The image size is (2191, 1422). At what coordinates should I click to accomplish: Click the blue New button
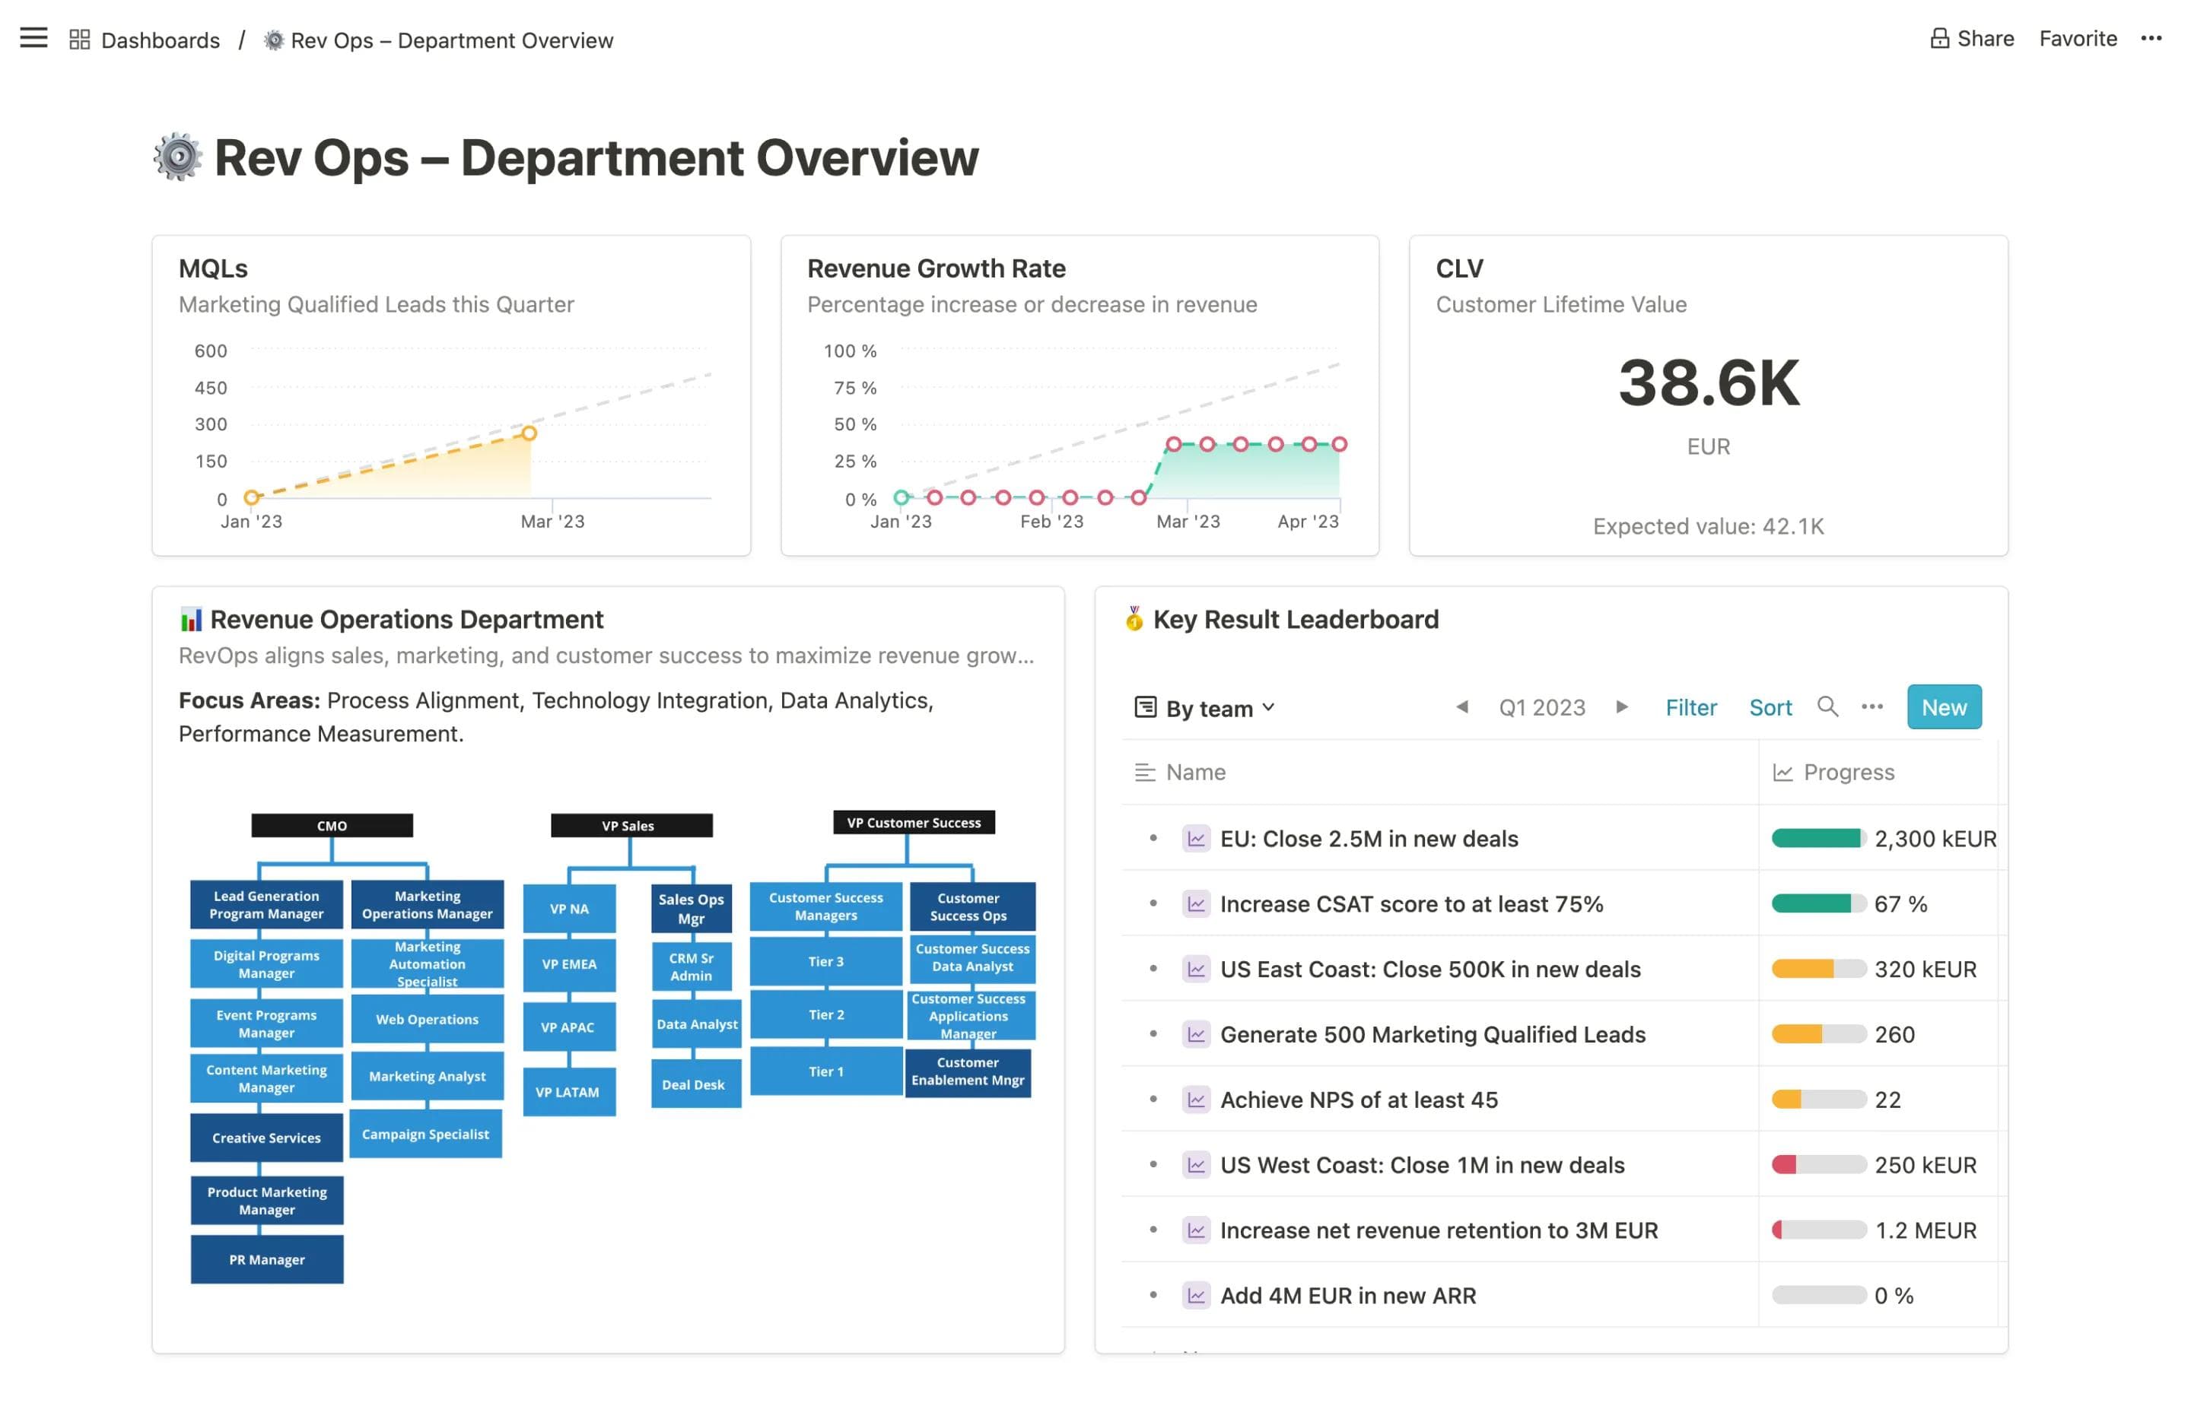pos(1942,707)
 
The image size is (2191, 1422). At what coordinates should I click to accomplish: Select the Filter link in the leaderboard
pos(1690,707)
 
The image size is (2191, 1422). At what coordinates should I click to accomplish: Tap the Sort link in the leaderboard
pos(1770,707)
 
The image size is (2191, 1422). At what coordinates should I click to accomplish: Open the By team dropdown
pos(1205,708)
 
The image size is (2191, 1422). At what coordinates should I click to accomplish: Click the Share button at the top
pos(1972,39)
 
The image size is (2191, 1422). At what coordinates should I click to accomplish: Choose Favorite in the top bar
pos(2077,39)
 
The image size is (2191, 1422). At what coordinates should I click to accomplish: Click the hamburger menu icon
pos(33,38)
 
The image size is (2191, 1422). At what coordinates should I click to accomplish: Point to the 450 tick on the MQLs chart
pos(211,388)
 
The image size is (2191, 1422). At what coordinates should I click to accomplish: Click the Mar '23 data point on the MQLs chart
pos(529,433)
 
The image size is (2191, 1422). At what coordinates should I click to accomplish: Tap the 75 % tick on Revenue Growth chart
pos(854,388)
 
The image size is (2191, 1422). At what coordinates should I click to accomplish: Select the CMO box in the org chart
pos(332,826)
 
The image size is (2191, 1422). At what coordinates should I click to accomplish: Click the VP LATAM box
pos(568,1091)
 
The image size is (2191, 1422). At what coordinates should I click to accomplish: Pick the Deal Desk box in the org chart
pos(693,1084)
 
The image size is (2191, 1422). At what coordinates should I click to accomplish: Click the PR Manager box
pos(267,1259)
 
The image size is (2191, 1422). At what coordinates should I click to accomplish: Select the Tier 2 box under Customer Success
pos(825,1014)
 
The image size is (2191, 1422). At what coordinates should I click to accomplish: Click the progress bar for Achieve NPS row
pos(1818,1099)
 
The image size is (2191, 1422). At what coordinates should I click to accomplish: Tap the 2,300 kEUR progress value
pos(1934,839)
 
